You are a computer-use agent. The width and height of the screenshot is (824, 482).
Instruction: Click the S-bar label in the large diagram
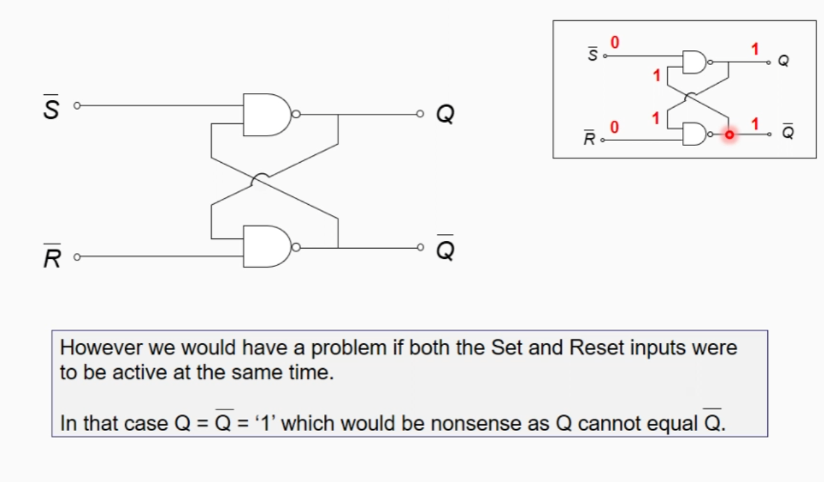tap(50, 108)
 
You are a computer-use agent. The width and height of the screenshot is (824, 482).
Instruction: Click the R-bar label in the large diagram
tap(50, 257)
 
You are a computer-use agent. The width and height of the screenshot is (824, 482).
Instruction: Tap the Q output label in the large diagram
tap(445, 114)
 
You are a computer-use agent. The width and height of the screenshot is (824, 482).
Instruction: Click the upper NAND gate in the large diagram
tap(267, 114)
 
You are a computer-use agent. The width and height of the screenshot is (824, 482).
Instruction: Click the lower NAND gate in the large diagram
tap(267, 246)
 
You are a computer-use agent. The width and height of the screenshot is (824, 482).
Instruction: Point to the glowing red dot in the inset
tap(729, 135)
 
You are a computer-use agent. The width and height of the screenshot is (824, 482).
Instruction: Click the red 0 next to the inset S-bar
tap(614, 43)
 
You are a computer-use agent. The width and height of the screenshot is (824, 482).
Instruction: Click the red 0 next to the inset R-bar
tap(614, 127)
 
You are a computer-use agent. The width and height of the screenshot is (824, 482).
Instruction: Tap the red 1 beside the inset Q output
tap(755, 49)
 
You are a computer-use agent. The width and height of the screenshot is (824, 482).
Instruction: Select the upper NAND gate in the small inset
tap(694, 62)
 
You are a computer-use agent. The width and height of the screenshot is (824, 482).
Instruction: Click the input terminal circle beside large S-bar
tap(78, 106)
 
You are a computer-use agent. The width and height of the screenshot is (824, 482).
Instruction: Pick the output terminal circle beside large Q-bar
tap(420, 247)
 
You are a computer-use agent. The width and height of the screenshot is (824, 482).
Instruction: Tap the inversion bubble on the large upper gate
tap(297, 114)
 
